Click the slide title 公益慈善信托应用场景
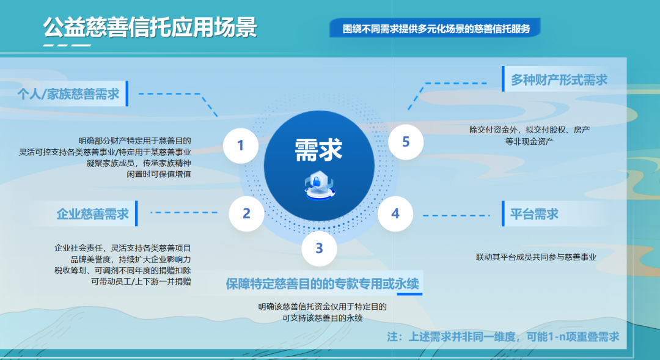(x=150, y=28)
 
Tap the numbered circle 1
(x=240, y=145)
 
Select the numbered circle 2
(x=246, y=213)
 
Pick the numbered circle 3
(x=319, y=248)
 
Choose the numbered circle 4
(x=395, y=213)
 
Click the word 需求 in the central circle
(x=318, y=149)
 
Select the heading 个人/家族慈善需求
(x=68, y=94)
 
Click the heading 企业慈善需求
(x=92, y=214)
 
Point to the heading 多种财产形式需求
(x=559, y=80)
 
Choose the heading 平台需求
(x=534, y=214)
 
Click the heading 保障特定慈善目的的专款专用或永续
(x=323, y=284)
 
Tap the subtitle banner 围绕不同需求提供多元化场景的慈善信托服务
(x=436, y=29)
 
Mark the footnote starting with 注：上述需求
(x=503, y=337)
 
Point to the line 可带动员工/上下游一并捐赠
(x=141, y=282)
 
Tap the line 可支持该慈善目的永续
(x=323, y=317)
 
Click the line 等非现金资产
(x=529, y=141)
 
